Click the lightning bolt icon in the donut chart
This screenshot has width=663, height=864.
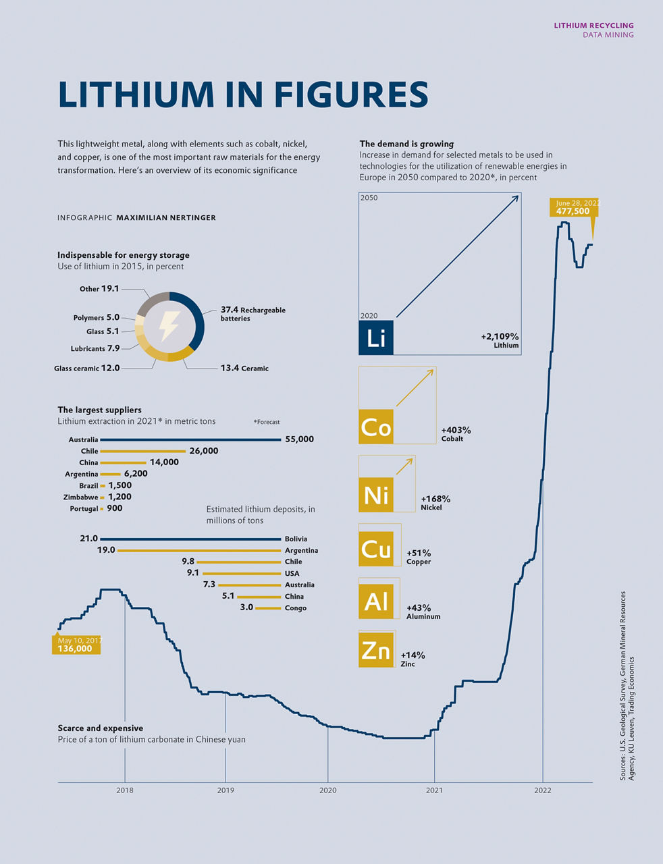168,326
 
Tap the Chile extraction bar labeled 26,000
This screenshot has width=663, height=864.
142,451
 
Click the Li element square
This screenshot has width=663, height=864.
376,337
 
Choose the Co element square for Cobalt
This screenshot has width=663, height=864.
376,427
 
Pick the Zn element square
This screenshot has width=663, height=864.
376,650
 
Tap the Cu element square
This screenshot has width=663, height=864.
376,549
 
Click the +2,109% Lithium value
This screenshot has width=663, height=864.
500,336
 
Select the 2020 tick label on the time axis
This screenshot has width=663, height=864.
327,790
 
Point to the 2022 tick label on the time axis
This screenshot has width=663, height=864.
543,790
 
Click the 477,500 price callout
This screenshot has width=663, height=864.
573,211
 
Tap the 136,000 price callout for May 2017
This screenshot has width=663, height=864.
75,649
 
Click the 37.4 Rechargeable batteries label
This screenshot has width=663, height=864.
253,313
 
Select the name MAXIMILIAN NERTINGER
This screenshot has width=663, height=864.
166,218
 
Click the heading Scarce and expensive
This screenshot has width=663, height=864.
100,728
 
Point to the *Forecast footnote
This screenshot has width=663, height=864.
267,422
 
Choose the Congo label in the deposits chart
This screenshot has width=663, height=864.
296,608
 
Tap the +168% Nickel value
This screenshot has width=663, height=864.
435,500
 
